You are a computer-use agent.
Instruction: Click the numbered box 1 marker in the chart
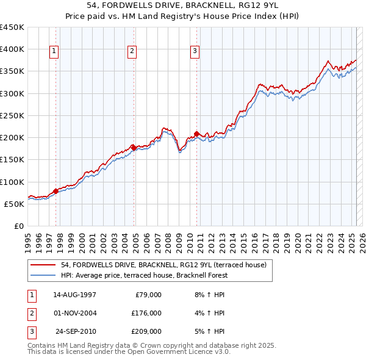pyautogui.click(x=54, y=51)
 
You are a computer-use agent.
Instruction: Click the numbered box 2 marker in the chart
pyautogui.click(x=132, y=51)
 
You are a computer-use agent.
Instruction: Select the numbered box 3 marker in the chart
pyautogui.click(x=195, y=51)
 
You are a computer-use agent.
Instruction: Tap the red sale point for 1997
pyautogui.click(x=56, y=191)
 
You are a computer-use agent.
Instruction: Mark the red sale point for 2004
pyautogui.click(x=134, y=147)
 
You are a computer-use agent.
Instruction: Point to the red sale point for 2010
pyautogui.click(x=196, y=134)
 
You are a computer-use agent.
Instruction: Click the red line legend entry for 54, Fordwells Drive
pyautogui.click(x=163, y=265)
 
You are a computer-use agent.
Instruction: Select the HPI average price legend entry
pyautogui.click(x=144, y=275)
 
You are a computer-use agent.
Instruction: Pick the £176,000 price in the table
pyautogui.click(x=146, y=313)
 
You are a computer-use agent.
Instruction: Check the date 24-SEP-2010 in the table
pyautogui.click(x=76, y=331)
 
